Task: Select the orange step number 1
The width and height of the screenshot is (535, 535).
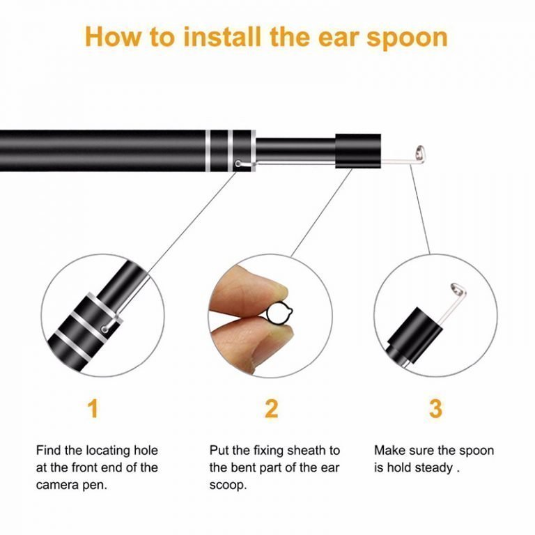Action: click(92, 408)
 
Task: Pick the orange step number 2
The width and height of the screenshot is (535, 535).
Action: click(271, 408)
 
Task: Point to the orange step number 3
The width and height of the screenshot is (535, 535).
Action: click(435, 408)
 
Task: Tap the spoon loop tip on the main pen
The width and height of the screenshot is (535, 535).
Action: click(420, 151)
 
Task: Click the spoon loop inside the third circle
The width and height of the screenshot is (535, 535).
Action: click(456, 289)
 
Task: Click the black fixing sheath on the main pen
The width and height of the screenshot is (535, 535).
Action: click(358, 148)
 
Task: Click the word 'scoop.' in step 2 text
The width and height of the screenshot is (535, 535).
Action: click(228, 485)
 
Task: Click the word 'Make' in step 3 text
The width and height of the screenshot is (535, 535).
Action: click(390, 450)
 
